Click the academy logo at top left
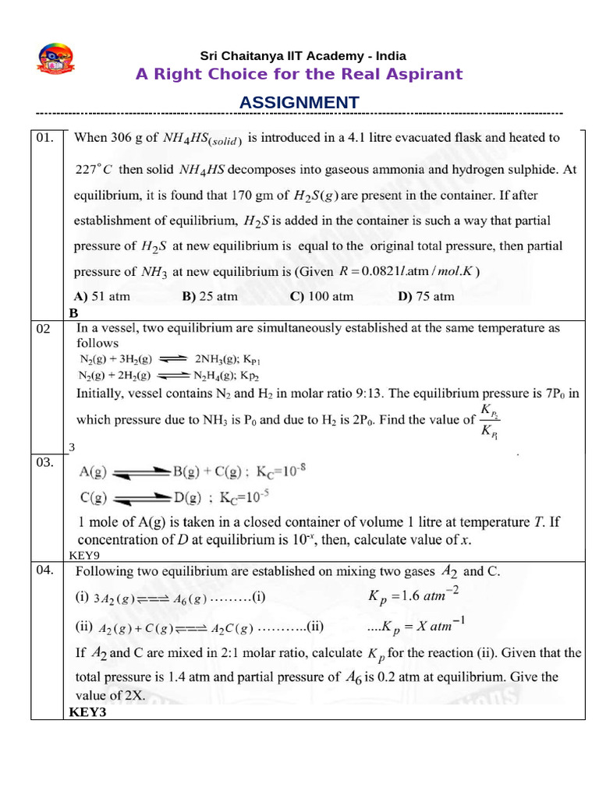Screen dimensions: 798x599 (x=55, y=61)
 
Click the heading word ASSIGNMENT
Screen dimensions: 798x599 (x=299, y=103)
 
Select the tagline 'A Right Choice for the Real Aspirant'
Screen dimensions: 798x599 (x=299, y=74)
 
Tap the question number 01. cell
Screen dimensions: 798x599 (x=45, y=138)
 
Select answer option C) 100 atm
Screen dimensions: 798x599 (x=321, y=296)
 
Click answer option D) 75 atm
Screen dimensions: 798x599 (x=426, y=296)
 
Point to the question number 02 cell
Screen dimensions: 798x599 (x=44, y=329)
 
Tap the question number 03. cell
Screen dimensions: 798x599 (x=45, y=462)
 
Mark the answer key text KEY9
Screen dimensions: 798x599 (x=84, y=556)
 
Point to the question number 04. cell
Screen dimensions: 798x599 (x=45, y=570)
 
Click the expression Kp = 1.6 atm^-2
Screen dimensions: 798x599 (x=413, y=597)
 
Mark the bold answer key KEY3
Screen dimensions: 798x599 (x=87, y=711)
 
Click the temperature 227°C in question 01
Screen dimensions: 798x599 (x=94, y=169)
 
